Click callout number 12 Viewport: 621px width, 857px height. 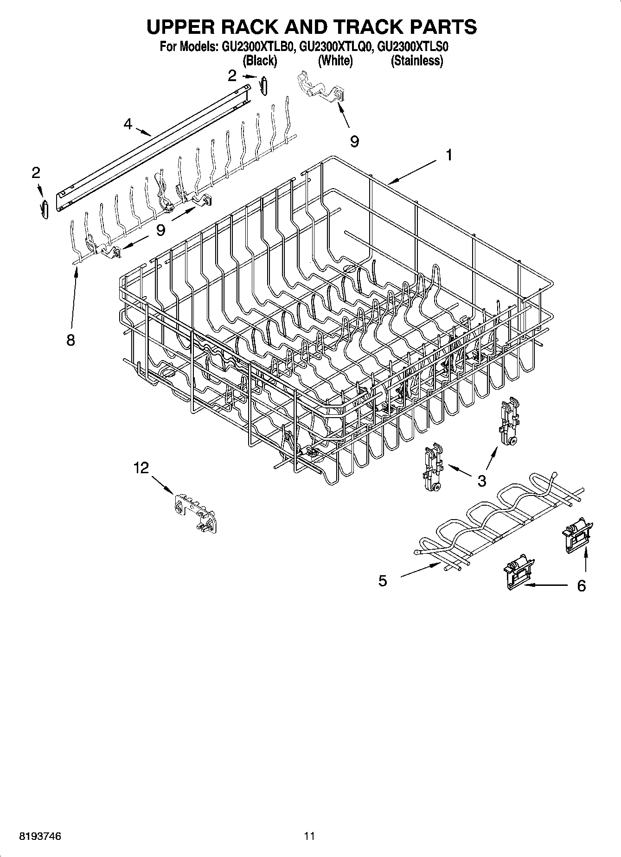141,468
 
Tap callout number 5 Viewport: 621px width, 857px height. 382,581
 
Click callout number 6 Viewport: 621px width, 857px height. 581,586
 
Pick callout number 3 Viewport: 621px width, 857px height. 481,481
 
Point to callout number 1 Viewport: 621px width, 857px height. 448,155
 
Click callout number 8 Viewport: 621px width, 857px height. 70,340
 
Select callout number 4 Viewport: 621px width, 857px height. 128,124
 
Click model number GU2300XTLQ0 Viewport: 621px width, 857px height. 336,47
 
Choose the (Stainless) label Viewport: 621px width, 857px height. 416,61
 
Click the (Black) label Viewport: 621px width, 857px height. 260,61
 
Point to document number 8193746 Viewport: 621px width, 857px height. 40,837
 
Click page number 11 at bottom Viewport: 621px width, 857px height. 309,837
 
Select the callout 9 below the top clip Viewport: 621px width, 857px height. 354,141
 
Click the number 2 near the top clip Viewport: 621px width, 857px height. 232,76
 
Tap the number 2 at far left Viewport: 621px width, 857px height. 36,173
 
